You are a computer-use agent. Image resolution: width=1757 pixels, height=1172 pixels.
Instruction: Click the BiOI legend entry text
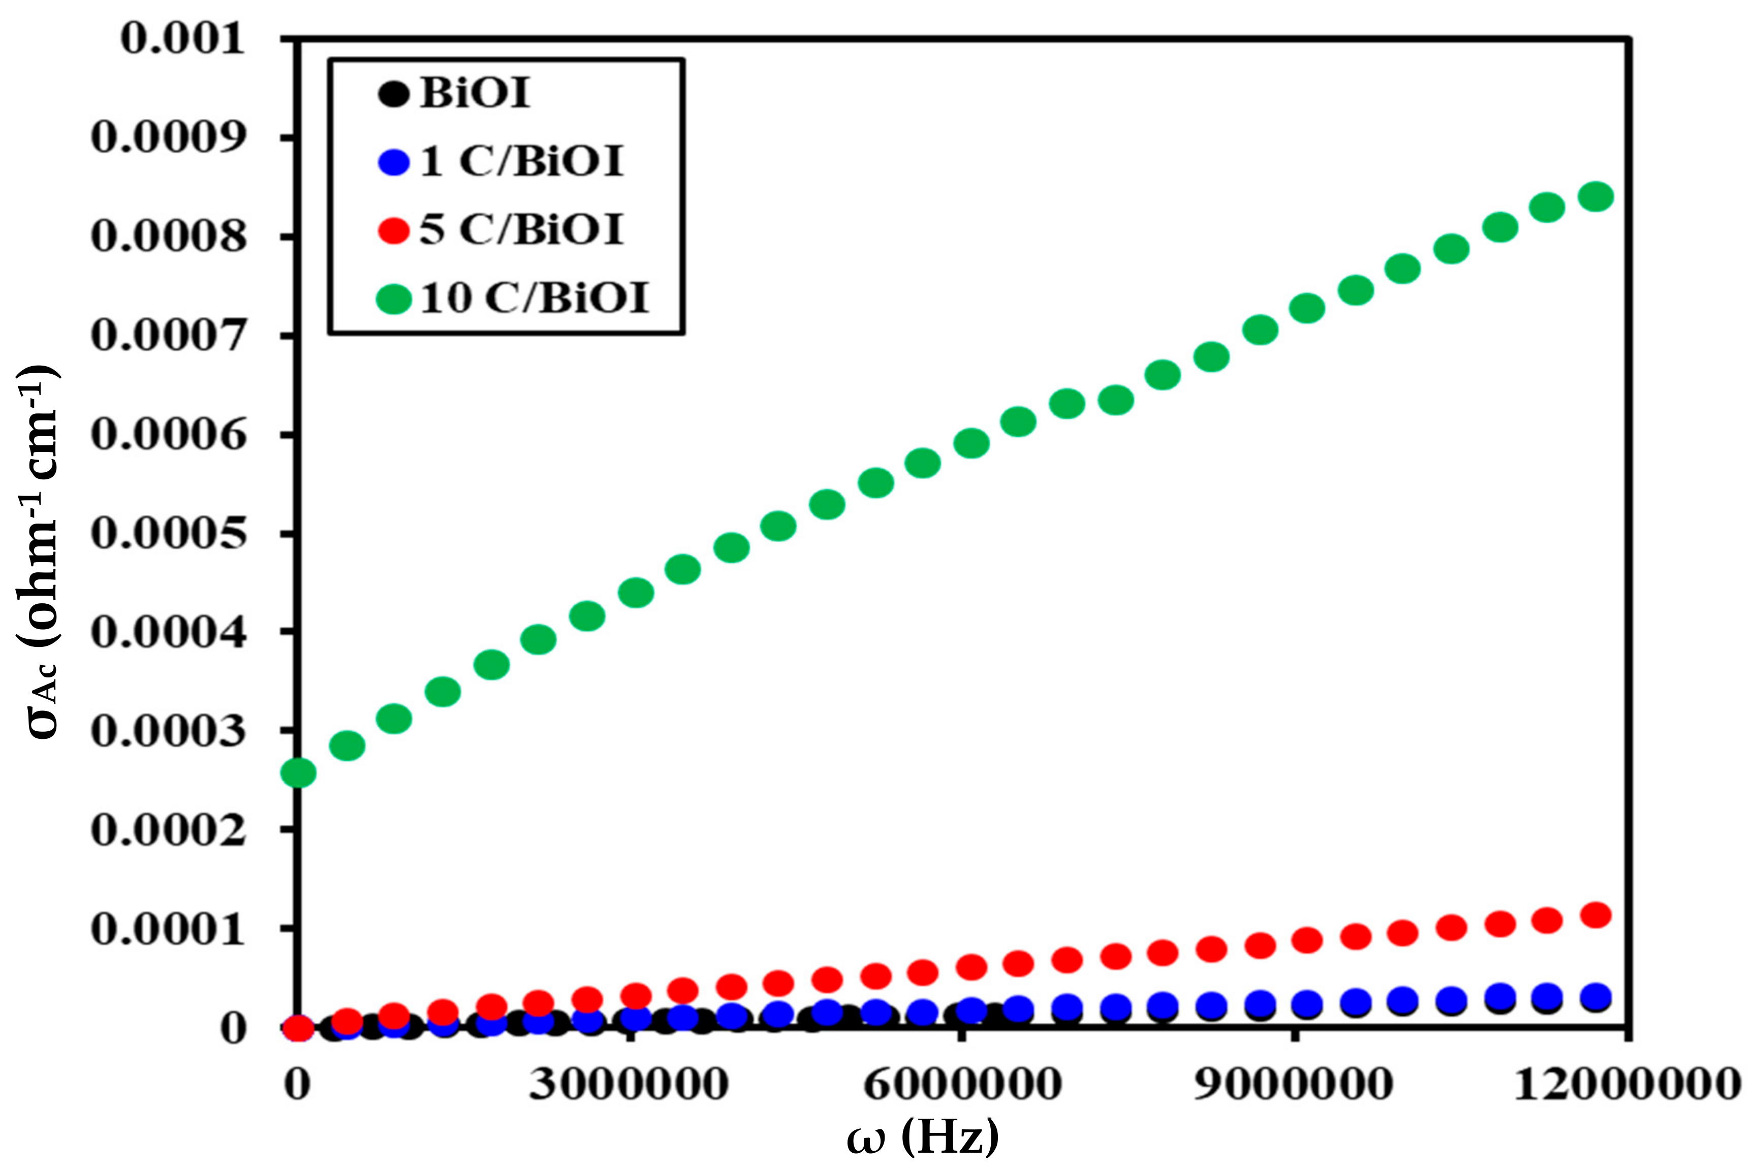coord(475,94)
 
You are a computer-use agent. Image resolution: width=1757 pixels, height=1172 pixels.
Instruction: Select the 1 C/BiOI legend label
coord(521,161)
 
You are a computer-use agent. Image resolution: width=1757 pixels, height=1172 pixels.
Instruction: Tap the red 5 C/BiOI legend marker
coord(394,230)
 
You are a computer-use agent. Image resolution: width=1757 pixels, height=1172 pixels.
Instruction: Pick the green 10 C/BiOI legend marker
coord(394,299)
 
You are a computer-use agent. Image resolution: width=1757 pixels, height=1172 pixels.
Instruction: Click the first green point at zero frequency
coord(298,772)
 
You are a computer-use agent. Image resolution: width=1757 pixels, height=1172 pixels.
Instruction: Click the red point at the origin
coord(298,1028)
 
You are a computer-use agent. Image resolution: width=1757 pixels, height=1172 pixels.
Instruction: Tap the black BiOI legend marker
coord(394,94)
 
